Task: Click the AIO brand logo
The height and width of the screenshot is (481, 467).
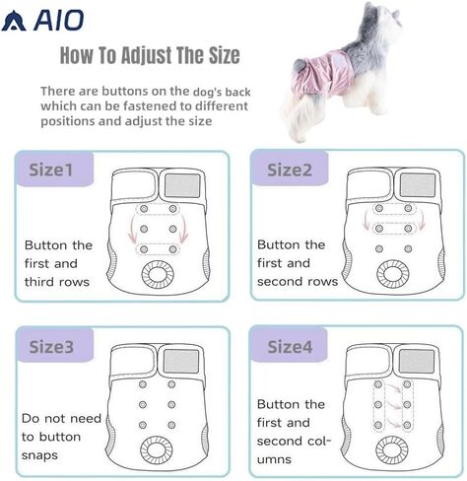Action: [x=42, y=21]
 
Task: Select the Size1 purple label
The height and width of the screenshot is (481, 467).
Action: [x=55, y=170]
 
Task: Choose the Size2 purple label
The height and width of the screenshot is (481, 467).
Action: [x=290, y=169]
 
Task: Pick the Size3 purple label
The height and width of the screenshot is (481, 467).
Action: [x=55, y=345]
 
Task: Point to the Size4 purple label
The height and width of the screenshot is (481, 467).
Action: [x=289, y=345]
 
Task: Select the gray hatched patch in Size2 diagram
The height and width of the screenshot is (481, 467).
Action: [x=417, y=184]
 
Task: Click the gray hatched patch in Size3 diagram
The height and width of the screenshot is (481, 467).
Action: [x=181, y=361]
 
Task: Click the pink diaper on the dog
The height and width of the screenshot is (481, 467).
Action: [x=322, y=74]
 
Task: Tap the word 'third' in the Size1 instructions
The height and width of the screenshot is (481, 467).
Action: [x=38, y=282]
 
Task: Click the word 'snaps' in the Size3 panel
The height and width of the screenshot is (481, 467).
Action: [x=39, y=455]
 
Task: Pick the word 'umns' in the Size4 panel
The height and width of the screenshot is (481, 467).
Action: [x=274, y=459]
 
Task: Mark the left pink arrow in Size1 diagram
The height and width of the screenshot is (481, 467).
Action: [x=132, y=230]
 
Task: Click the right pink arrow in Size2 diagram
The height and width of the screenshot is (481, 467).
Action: [x=422, y=220]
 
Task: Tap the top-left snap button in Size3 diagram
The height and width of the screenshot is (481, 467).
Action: [x=143, y=384]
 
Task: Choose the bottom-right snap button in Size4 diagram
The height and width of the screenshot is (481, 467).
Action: [x=407, y=425]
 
